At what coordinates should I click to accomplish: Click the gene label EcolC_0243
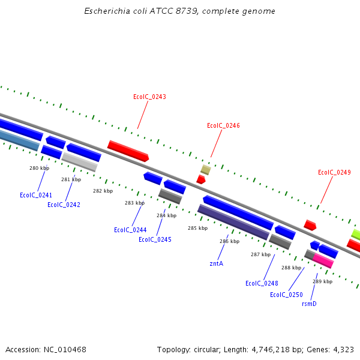tap(149, 97)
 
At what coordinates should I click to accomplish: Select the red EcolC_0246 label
tap(223, 126)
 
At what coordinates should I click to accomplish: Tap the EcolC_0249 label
tap(334, 173)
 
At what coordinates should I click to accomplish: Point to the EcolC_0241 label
tap(36, 195)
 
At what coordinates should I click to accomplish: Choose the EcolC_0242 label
tap(64, 205)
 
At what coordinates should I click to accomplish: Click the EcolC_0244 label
tap(130, 230)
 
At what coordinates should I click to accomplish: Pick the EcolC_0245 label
tap(155, 239)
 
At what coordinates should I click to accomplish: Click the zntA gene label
tap(216, 263)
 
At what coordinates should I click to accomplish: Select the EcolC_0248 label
tap(262, 283)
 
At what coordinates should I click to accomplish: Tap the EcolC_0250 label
tap(286, 295)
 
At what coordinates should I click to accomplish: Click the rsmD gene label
tap(309, 304)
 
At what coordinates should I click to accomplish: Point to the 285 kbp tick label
tap(197, 228)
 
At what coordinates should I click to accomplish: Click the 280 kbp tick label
tap(39, 168)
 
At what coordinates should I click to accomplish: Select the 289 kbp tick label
tap(322, 281)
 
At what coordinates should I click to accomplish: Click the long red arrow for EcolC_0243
tap(128, 151)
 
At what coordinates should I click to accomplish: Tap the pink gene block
tap(323, 260)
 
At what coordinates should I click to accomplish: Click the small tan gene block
tap(205, 170)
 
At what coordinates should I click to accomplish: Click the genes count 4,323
tap(342, 349)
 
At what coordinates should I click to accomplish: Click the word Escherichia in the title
tap(105, 11)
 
